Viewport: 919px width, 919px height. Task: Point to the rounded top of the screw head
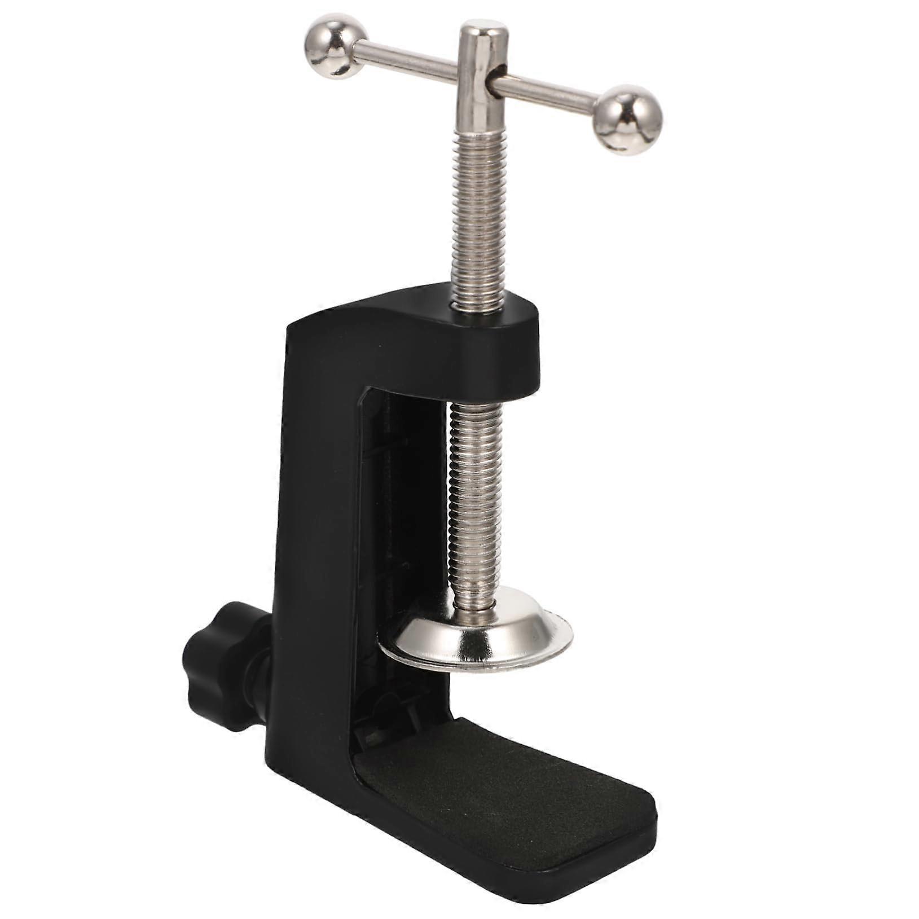pyautogui.click(x=481, y=31)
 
